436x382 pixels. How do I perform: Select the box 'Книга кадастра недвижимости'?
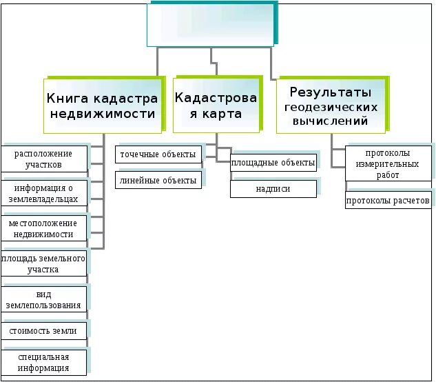(103, 103)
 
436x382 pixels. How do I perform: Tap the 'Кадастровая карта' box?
(216, 103)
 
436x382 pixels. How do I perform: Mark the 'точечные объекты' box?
(158, 154)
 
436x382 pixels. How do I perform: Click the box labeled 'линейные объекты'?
(158, 181)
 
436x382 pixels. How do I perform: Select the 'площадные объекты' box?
(273, 163)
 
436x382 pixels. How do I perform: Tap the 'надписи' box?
(273, 188)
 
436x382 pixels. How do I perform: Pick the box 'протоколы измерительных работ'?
(388, 164)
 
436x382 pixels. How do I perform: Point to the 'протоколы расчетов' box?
(388, 201)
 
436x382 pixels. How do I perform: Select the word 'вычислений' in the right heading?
(331, 121)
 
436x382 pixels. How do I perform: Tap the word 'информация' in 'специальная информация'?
(44, 368)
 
